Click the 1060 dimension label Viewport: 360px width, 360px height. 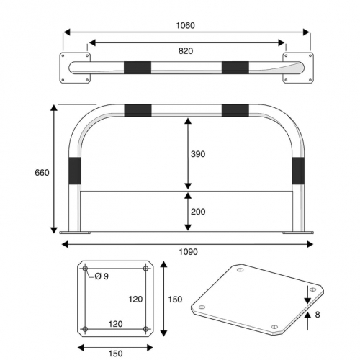[185, 25]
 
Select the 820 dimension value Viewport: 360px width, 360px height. [186, 51]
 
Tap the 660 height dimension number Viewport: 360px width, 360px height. [42, 173]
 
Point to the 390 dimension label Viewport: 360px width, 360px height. [198, 154]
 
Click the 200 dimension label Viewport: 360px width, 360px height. [198, 212]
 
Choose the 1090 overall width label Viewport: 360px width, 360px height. [189, 252]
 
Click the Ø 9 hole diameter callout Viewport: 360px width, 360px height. [102, 276]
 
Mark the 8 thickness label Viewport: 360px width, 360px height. [318, 315]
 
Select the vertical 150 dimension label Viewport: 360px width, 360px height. [175, 300]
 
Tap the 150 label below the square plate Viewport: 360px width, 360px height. [116, 354]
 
